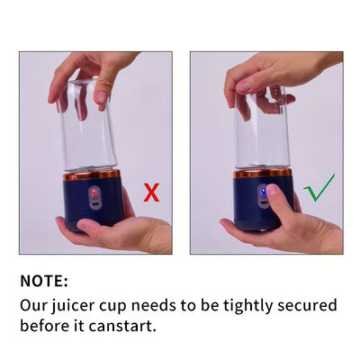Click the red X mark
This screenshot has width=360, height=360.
[151, 193]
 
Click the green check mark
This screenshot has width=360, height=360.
[319, 189]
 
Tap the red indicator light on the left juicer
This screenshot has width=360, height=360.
[94, 192]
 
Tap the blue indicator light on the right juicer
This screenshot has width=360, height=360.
[263, 191]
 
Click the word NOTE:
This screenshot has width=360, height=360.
[44, 281]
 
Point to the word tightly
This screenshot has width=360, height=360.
[247, 306]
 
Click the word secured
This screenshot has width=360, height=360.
[307, 305]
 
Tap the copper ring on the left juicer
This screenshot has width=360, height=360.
[92, 175]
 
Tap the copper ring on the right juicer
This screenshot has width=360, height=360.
[263, 173]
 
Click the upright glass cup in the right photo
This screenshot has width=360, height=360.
[261, 128]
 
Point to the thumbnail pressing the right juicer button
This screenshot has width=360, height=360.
[273, 191]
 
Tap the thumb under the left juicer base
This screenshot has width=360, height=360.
[92, 226]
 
